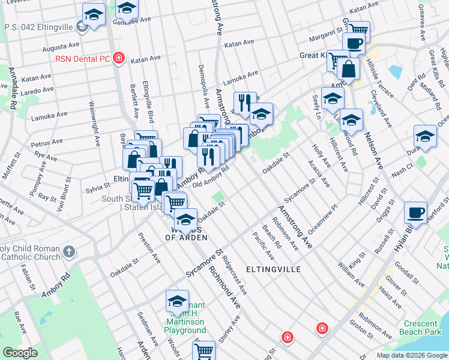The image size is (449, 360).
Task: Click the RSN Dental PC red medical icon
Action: (x=119, y=58)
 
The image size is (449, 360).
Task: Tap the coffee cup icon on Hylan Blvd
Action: (x=415, y=213)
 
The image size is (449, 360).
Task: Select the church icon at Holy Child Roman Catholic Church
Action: (x=70, y=251)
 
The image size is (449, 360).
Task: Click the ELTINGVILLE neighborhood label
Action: (x=274, y=269)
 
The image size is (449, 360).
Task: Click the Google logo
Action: (x=20, y=353)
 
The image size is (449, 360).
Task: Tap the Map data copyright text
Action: (x=411, y=355)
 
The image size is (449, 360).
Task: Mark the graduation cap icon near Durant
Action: (x=425, y=136)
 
